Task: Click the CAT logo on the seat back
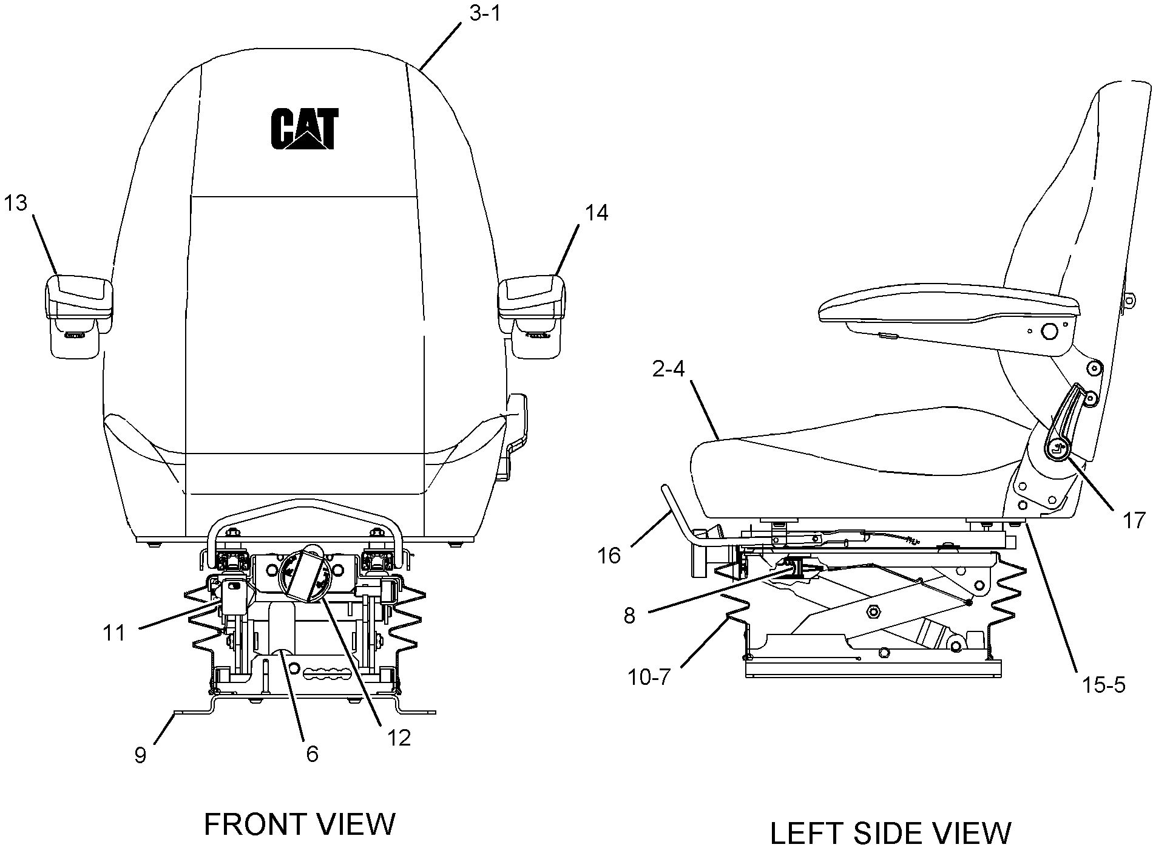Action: (x=304, y=128)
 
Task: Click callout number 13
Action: (x=16, y=203)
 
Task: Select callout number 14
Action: (x=596, y=212)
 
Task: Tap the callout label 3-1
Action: (x=485, y=13)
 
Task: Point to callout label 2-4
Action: (x=668, y=369)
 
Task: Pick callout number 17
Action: (x=1133, y=520)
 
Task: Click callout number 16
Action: (x=609, y=555)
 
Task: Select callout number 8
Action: (x=629, y=616)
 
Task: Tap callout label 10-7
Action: (x=648, y=676)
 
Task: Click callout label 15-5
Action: (x=1103, y=685)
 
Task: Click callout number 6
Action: (x=312, y=753)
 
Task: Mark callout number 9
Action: (x=140, y=755)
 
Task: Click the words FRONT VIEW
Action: (x=299, y=824)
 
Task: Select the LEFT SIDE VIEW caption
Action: (x=891, y=833)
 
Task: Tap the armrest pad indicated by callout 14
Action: (x=532, y=296)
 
